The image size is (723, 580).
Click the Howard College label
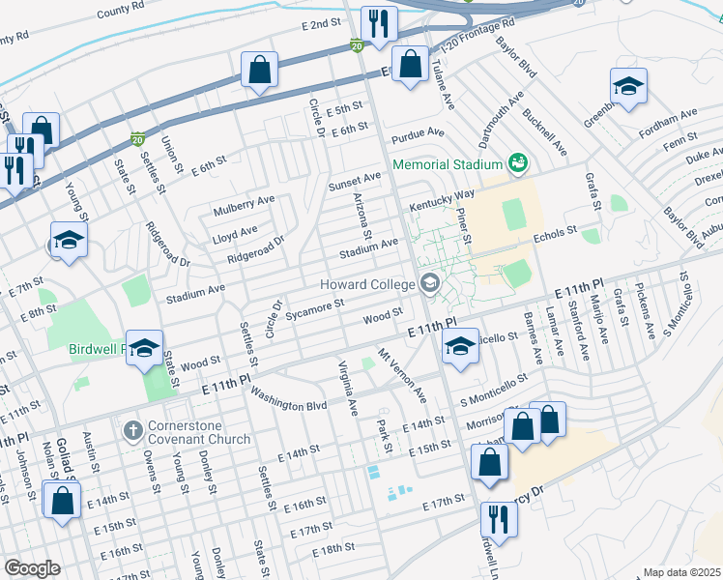(369, 283)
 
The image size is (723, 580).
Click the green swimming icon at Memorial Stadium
(518, 163)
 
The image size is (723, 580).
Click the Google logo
(32, 567)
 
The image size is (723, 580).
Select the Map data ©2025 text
(681, 572)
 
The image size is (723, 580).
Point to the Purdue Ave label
(418, 131)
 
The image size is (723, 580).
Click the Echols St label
(555, 231)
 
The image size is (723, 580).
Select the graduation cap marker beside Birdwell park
(145, 350)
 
